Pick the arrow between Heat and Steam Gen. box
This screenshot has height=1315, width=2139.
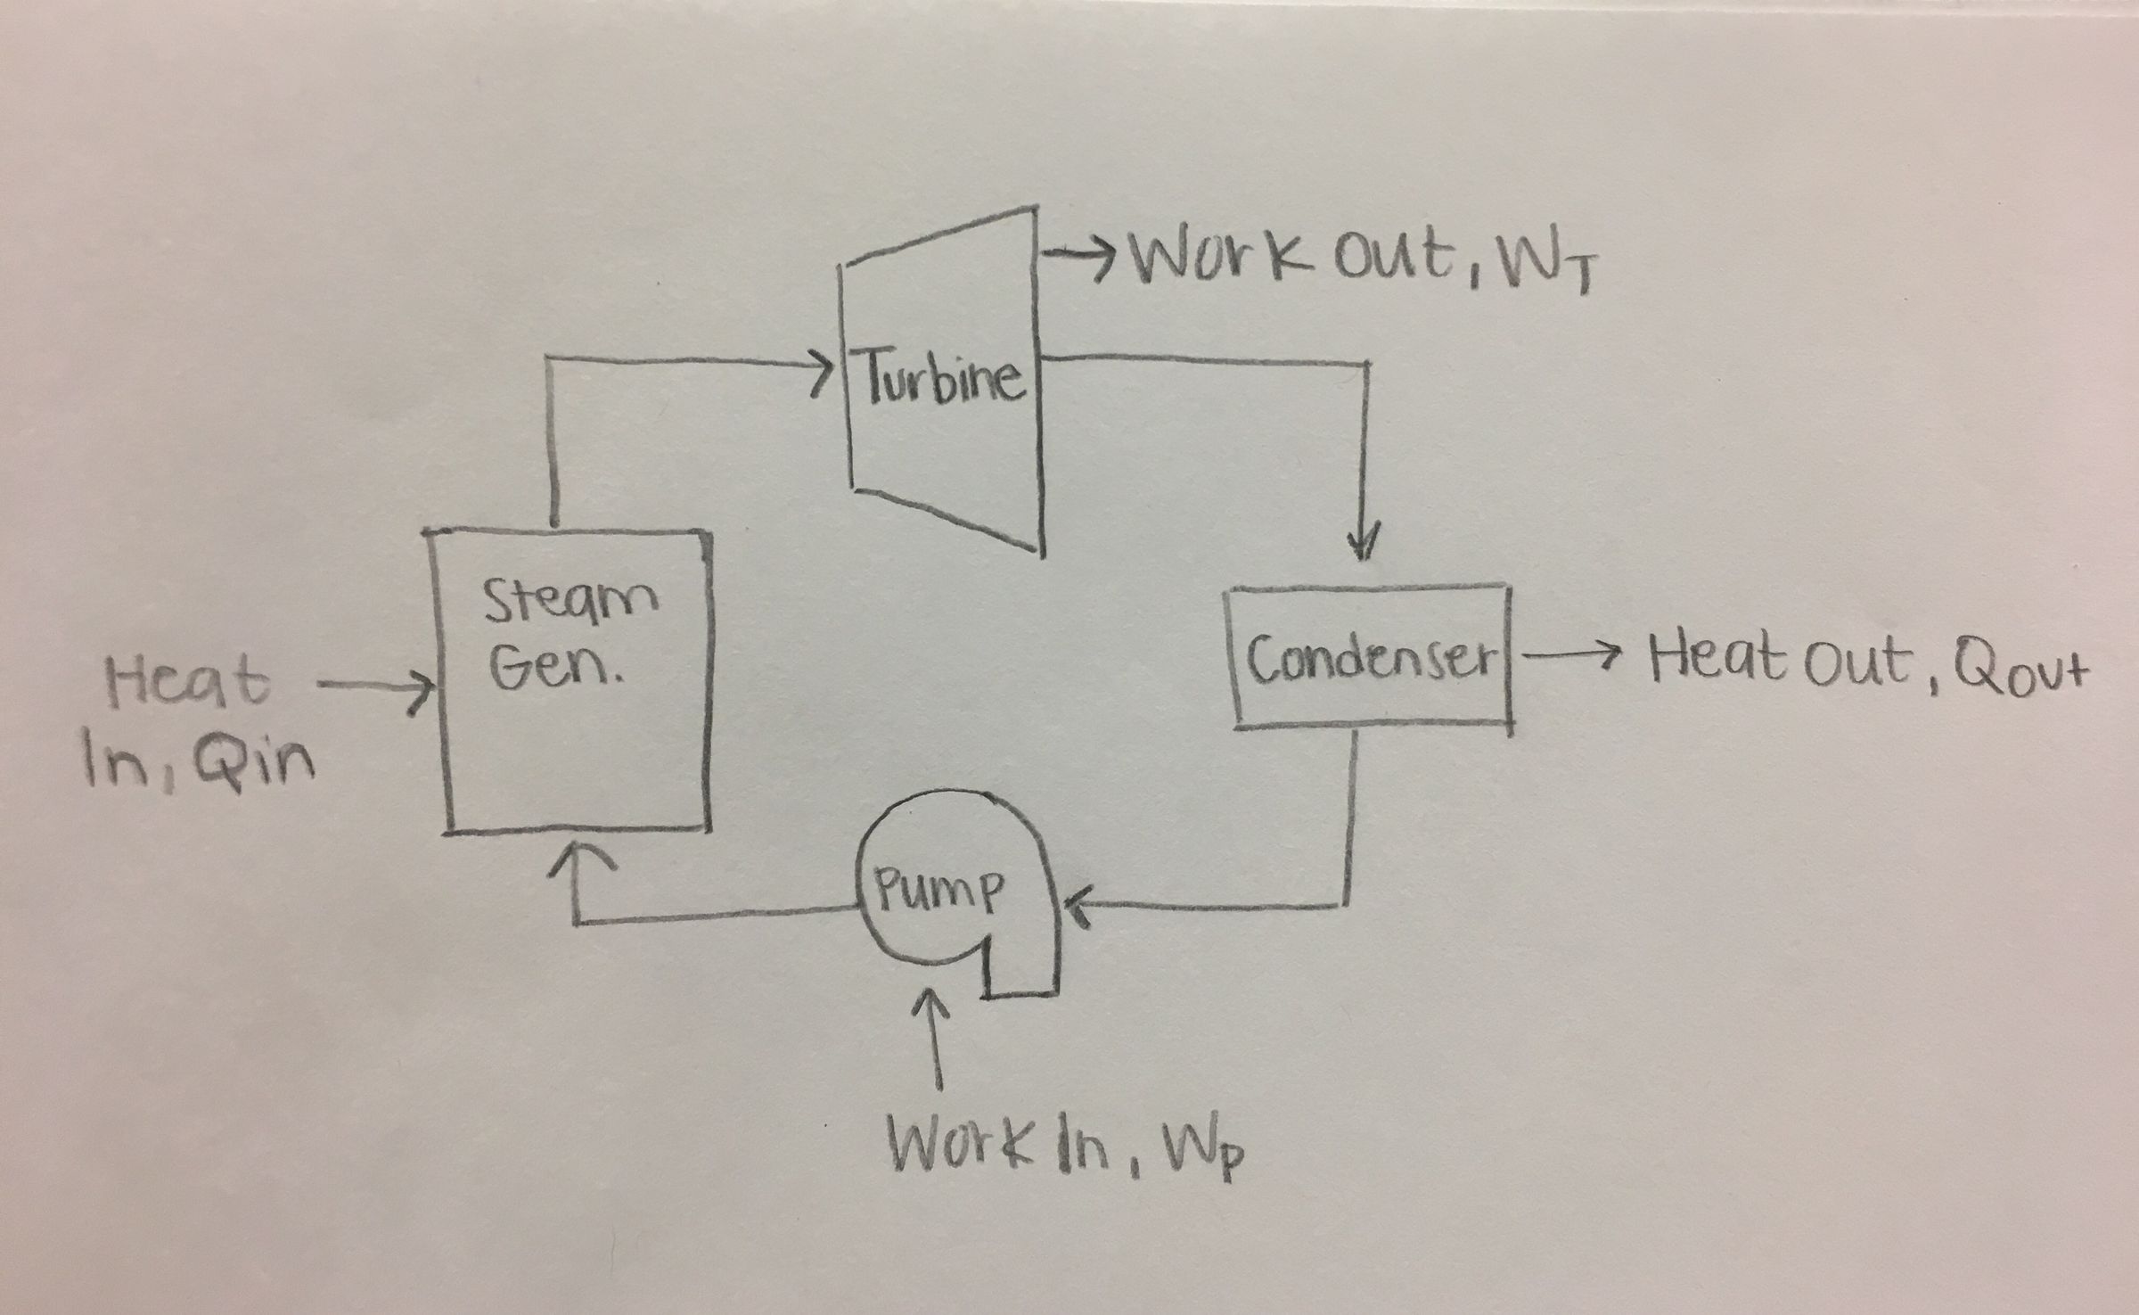pos(374,687)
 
